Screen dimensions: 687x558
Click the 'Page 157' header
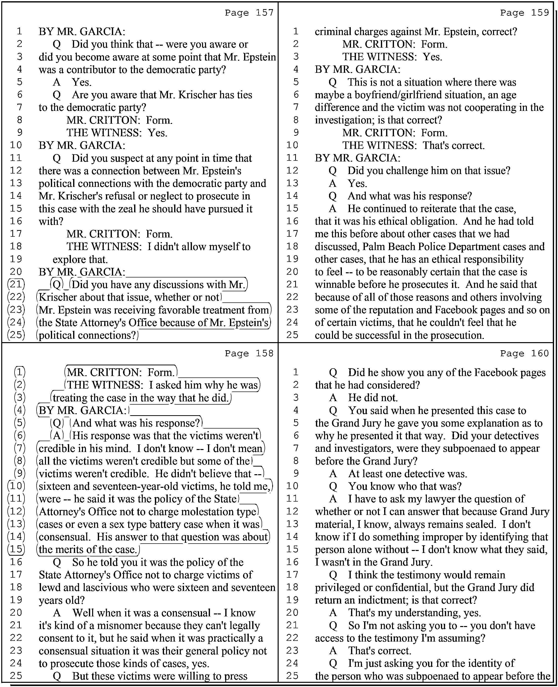coord(249,13)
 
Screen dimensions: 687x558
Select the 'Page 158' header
coord(249,353)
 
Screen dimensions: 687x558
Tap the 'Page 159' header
coord(525,13)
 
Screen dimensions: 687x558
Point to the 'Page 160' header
coord(525,353)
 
